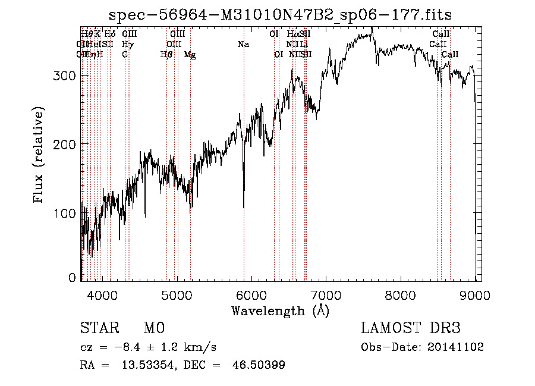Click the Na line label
[x=243, y=44]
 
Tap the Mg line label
[x=190, y=55]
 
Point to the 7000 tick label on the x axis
[x=326, y=294]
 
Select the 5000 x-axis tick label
[x=177, y=294]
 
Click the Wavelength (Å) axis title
[x=280, y=310]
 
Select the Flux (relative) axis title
[x=40, y=156]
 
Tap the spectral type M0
[x=153, y=329]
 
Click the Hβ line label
[x=166, y=55]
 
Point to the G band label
[x=125, y=55]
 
